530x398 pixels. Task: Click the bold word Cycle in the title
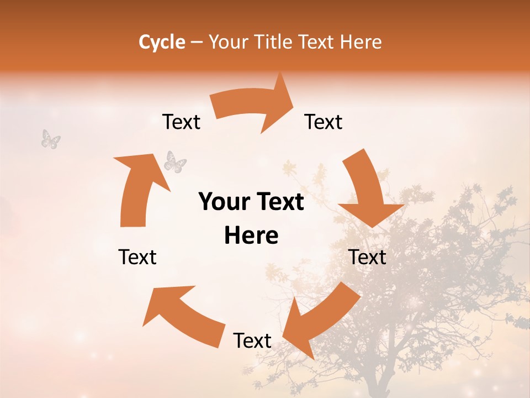click(162, 42)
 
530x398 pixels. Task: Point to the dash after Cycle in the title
click(197, 43)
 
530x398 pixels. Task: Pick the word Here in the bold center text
click(251, 236)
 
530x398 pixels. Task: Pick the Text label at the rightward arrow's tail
click(181, 122)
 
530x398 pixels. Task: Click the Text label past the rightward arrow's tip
click(324, 122)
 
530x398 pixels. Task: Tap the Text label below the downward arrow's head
click(367, 257)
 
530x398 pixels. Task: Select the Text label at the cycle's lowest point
click(252, 341)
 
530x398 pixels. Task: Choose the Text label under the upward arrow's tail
click(137, 257)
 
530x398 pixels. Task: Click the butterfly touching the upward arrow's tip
click(175, 162)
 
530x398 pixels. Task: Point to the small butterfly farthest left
click(51, 139)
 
